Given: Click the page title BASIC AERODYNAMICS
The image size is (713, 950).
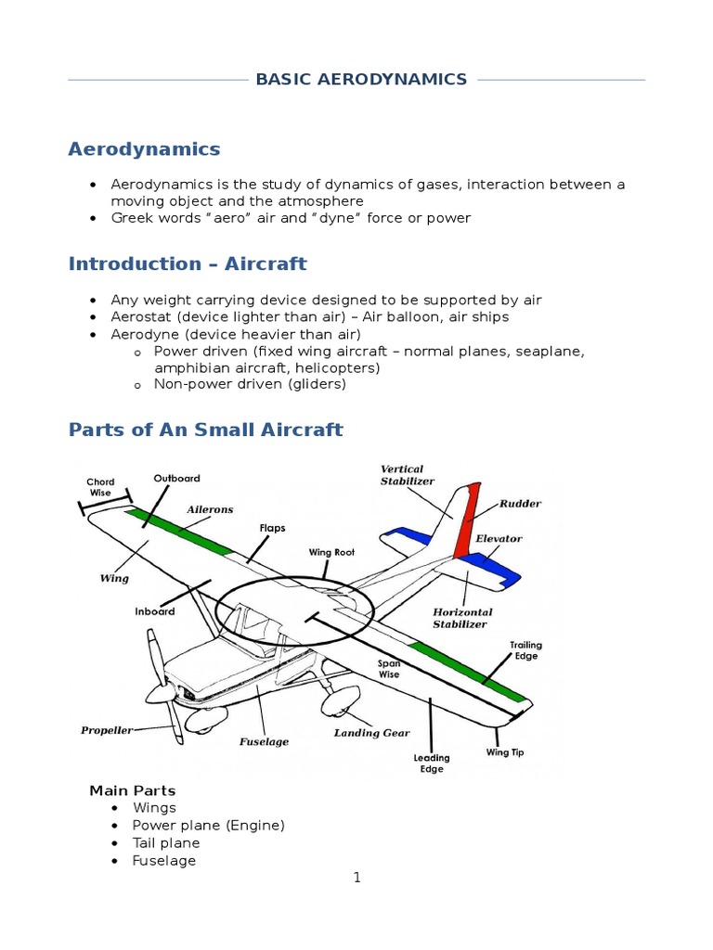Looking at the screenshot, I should (x=361, y=80).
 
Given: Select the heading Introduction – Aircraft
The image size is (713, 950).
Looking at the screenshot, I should (x=188, y=263).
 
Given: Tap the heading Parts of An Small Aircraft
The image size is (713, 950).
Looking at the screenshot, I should (x=206, y=430).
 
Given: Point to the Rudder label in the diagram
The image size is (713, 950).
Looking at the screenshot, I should (x=520, y=504).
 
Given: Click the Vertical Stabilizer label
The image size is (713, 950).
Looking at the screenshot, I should (x=402, y=475).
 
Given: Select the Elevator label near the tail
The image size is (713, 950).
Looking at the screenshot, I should (x=499, y=538).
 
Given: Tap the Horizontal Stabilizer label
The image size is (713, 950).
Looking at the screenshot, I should (x=462, y=618).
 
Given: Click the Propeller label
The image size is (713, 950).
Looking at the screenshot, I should (x=107, y=730).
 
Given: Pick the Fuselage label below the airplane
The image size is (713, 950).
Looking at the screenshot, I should (x=265, y=741).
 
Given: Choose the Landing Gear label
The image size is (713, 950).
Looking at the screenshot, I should (x=371, y=733).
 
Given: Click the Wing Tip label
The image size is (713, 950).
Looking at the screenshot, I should (x=505, y=752).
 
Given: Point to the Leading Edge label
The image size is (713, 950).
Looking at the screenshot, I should (x=432, y=763).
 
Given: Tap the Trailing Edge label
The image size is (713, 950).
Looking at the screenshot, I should (x=525, y=650).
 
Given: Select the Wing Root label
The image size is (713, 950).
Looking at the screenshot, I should (x=332, y=552).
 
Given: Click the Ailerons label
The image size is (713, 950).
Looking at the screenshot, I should (x=210, y=509).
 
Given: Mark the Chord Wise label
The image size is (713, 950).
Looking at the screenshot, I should (x=100, y=487).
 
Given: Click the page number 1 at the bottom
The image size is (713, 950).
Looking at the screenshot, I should (x=356, y=878).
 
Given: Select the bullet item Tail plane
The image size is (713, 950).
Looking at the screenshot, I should (x=166, y=843).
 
